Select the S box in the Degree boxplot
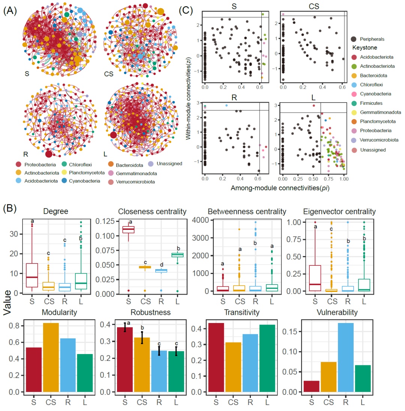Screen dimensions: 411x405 coord(32,275)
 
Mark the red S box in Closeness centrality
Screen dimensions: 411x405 coord(129,229)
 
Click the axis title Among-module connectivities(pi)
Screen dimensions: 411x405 coord(273,188)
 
